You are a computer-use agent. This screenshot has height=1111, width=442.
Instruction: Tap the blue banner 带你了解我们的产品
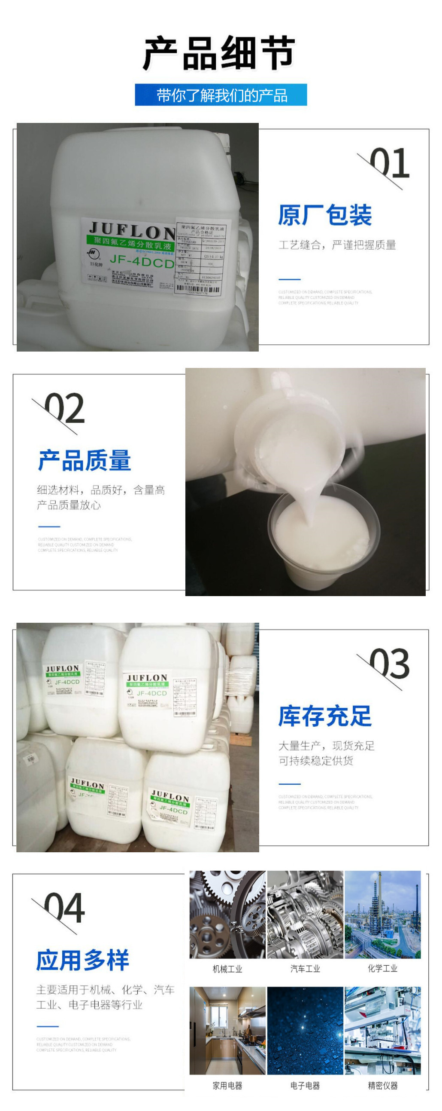(221, 95)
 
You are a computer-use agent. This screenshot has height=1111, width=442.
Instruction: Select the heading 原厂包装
(325, 215)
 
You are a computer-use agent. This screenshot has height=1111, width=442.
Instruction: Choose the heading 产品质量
(85, 460)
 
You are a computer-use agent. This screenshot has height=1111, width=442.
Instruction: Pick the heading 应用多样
(83, 960)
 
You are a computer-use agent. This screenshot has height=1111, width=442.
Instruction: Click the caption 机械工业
(227, 969)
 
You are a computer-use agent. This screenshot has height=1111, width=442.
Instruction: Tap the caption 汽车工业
(305, 969)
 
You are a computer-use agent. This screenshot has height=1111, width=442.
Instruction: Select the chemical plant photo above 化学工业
(382, 914)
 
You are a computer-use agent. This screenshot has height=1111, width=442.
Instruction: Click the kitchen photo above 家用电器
(227, 1031)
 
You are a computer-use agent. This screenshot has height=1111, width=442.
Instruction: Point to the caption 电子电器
(305, 1086)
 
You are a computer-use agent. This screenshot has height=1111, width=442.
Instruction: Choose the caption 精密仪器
(382, 1086)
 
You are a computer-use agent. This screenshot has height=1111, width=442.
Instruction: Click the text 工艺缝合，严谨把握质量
(337, 245)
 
